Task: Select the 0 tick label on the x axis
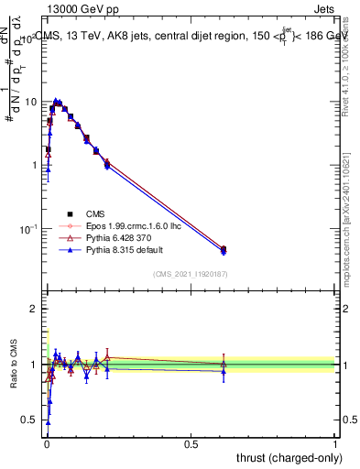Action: [x=46, y=444]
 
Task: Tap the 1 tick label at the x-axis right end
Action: [x=335, y=444]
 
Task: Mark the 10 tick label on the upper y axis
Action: [x=30, y=102]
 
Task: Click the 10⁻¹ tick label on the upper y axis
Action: [x=28, y=228]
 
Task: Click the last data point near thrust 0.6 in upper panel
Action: [x=224, y=249]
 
